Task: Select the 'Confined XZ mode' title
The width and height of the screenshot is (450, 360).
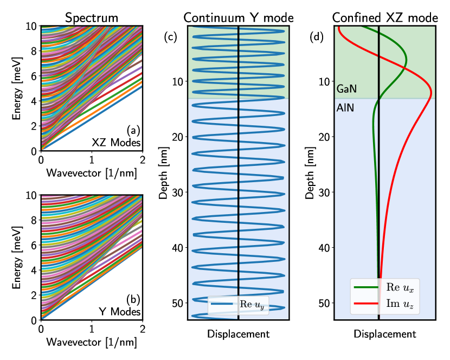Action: tap(385, 17)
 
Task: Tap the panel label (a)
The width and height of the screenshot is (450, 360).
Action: tap(133, 130)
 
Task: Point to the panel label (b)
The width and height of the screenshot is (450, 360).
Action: tap(133, 299)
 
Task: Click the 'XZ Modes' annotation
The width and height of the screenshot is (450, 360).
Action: tap(124, 143)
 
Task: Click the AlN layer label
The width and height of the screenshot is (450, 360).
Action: tap(345, 107)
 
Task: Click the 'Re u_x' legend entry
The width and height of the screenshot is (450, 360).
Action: tap(395, 286)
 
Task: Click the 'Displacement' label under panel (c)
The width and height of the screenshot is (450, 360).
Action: tap(238, 334)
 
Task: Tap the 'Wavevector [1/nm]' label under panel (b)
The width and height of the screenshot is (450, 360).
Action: tap(91, 343)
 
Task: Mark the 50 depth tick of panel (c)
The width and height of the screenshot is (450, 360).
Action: tap(178, 303)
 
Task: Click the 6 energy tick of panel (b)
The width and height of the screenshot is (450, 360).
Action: tap(34, 245)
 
